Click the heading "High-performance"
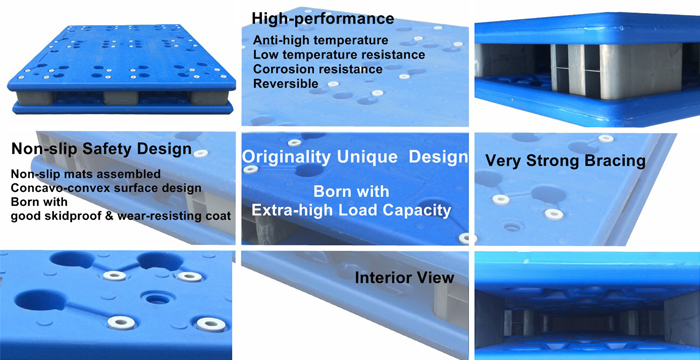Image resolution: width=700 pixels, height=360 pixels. [x=323, y=19]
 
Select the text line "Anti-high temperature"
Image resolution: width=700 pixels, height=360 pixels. [x=321, y=40]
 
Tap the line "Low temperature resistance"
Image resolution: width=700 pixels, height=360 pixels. [x=339, y=55]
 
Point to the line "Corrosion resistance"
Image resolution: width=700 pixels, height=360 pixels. [x=318, y=69]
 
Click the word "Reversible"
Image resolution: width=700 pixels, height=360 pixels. [x=286, y=84]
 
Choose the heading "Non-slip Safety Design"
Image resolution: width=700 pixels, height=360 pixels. [x=101, y=149]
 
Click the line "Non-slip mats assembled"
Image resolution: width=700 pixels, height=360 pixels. [x=86, y=173]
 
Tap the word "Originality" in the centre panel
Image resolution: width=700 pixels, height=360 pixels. [x=287, y=157]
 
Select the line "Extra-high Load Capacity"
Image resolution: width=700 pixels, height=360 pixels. [x=351, y=210]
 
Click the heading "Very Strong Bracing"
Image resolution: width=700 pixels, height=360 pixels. [x=565, y=161]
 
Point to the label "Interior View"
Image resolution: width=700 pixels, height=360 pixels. [x=404, y=278]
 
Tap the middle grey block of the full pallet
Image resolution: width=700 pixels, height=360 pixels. [x=121, y=98]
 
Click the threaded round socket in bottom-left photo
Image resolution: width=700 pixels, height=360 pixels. [x=157, y=298]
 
